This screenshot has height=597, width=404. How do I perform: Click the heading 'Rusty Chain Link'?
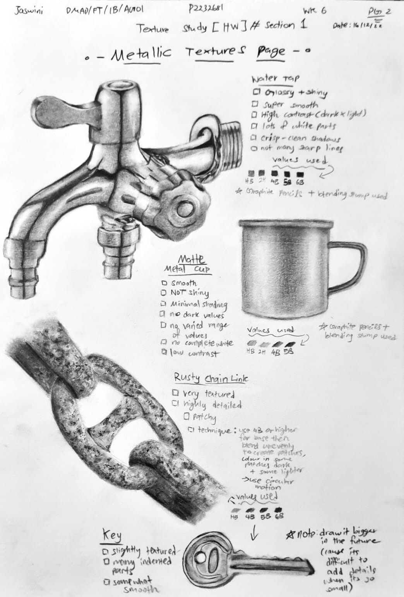[x=211, y=378]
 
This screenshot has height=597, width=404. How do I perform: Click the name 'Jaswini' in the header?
[x=29, y=11]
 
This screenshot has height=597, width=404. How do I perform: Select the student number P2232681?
[x=205, y=9]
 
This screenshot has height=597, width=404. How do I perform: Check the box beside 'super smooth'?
[x=255, y=104]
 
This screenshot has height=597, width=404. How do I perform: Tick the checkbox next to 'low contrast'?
[x=164, y=352]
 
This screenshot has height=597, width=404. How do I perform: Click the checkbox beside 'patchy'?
[x=187, y=416]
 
